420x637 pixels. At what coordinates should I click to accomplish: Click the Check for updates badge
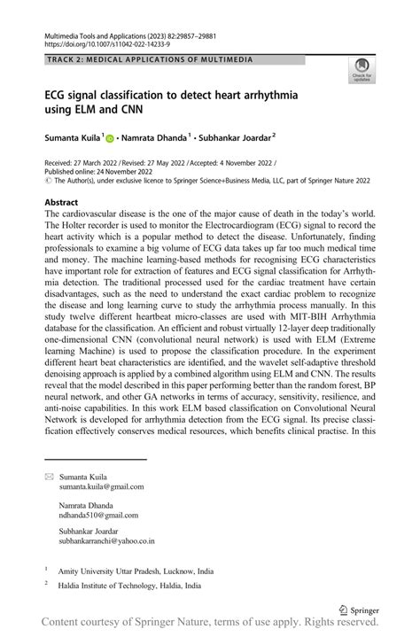[362, 68]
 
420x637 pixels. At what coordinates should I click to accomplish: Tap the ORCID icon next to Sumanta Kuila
[111, 139]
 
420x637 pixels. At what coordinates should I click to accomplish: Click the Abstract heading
[62, 203]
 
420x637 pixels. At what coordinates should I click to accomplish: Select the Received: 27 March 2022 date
[84, 164]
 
